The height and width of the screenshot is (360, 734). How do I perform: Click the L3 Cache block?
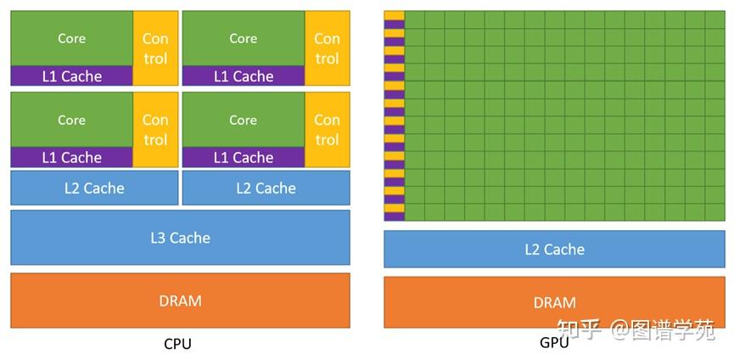click(x=180, y=238)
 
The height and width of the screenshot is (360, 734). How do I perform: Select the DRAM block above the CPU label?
click(x=180, y=300)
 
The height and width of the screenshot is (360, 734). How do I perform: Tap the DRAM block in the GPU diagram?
click(x=554, y=302)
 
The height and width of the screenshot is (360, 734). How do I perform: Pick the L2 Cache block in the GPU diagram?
click(x=554, y=249)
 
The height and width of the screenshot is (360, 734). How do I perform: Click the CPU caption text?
click(x=177, y=344)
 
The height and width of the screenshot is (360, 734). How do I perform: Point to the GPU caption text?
click(x=554, y=344)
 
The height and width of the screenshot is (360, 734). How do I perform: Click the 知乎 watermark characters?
click(x=578, y=329)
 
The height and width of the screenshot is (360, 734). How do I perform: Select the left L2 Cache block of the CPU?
click(x=94, y=188)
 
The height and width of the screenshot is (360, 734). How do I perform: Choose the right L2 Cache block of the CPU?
click(x=266, y=188)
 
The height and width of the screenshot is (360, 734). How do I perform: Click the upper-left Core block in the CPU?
click(x=71, y=38)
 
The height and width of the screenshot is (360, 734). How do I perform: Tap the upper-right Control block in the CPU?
click(x=327, y=48)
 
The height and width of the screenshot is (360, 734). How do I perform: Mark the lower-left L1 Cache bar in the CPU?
click(x=71, y=157)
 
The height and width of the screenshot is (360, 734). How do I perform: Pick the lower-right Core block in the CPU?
click(x=243, y=120)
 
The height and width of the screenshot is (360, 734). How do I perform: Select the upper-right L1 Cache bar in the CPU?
click(x=243, y=76)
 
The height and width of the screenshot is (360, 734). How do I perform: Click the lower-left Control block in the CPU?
click(x=155, y=130)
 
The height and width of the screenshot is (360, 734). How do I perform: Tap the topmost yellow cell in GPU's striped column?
click(x=394, y=15)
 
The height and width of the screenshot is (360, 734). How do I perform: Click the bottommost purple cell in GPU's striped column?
click(x=394, y=216)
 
